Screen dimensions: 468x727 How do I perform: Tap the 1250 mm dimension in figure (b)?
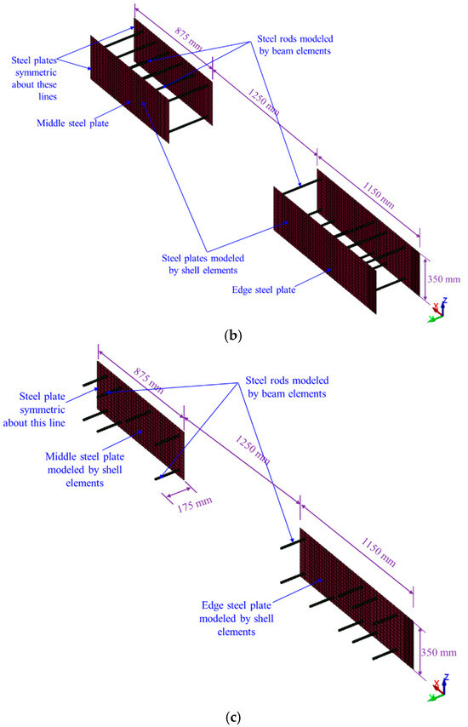tap(263, 102)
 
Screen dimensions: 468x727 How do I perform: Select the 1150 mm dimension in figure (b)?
tap(379, 195)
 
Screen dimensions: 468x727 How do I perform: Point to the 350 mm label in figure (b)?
tap(443, 279)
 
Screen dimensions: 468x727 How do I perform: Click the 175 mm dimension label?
tap(195, 505)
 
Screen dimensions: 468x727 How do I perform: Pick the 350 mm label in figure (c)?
tap(438, 652)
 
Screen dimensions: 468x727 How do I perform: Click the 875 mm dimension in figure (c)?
tap(148, 381)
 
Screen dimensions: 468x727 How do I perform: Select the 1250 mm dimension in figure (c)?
tap(253, 449)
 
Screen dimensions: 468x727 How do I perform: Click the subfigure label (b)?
tap(232, 335)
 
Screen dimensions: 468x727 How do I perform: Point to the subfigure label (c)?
tap(233, 718)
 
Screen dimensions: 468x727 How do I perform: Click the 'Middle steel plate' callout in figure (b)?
tap(72, 123)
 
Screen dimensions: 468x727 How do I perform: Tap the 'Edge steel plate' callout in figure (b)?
tap(264, 289)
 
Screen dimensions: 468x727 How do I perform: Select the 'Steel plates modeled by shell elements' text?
tap(203, 264)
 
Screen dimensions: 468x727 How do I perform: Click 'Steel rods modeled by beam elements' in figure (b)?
tap(294, 45)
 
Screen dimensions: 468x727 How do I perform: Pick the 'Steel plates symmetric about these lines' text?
tap(34, 78)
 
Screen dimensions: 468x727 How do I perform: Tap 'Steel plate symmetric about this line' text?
tap(34, 409)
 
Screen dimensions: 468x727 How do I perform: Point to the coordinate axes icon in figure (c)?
tap(438, 687)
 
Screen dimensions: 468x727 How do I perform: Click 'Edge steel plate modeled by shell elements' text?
tap(237, 619)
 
